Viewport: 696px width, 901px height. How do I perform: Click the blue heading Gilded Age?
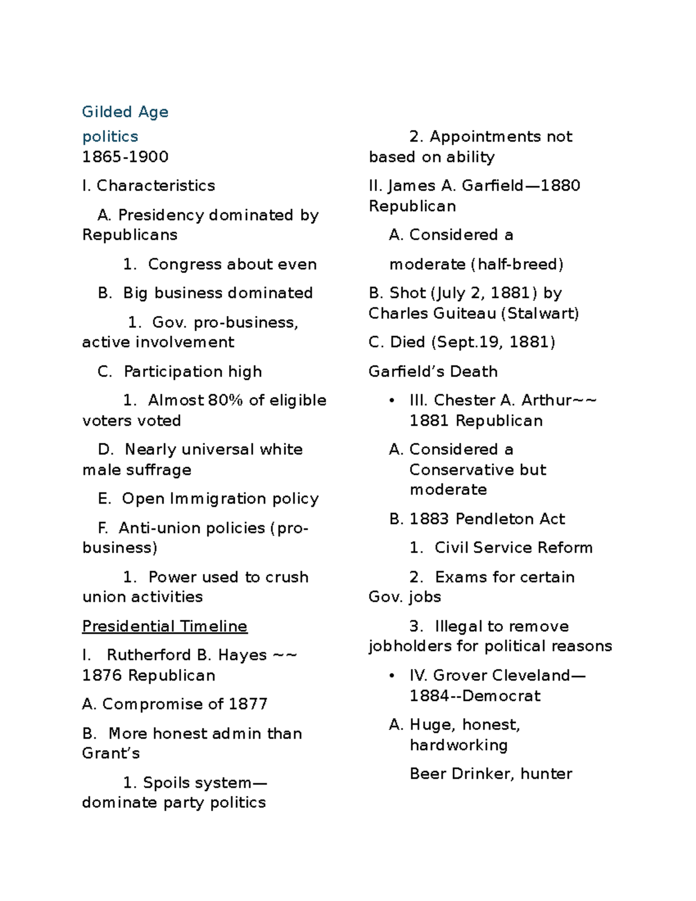[x=125, y=112]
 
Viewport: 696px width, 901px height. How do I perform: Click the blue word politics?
[x=110, y=137]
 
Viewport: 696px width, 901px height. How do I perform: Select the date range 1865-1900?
[x=125, y=157]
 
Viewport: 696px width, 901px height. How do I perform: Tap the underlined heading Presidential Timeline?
[x=165, y=626]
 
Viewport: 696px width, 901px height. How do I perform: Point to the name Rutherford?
[x=149, y=655]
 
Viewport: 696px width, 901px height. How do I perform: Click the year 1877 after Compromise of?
[x=248, y=704]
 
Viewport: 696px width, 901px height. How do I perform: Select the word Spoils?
[x=167, y=783]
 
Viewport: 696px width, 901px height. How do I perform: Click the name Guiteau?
[x=464, y=314]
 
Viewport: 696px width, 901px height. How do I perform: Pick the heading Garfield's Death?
[x=433, y=371]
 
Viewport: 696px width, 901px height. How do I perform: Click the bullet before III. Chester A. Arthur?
[x=393, y=400]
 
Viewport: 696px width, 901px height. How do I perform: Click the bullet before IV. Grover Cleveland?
[x=393, y=675]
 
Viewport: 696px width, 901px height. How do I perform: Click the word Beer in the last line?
[x=427, y=774]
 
